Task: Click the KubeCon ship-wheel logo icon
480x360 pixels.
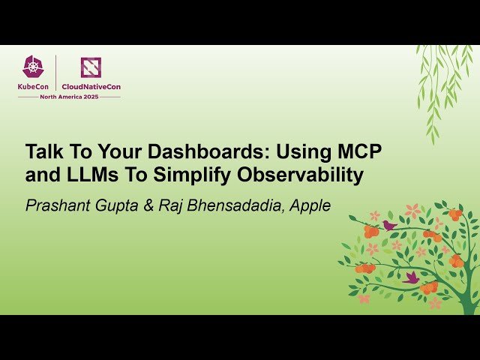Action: point(33,67)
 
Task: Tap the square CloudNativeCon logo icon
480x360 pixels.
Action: point(91,67)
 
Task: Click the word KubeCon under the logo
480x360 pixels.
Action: point(34,86)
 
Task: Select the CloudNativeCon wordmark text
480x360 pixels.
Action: point(91,86)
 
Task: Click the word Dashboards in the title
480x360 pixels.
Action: point(199,151)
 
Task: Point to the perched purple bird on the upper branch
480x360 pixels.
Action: point(388,225)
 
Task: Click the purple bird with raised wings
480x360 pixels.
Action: point(410,277)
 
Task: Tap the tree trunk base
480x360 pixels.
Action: point(470,304)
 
